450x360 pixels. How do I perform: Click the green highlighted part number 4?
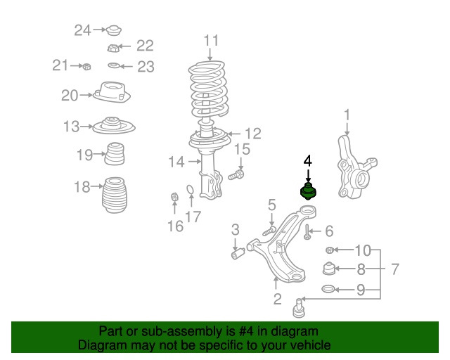pos(308,191)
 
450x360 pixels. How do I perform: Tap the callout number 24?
pos(83,30)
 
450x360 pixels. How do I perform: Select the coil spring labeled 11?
pos(209,88)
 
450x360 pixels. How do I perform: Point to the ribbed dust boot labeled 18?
pos(115,195)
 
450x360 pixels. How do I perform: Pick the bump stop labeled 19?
pos(115,153)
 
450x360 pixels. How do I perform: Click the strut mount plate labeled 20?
pos(112,92)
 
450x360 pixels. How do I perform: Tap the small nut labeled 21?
pos(86,67)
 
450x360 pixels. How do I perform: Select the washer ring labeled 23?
pos(114,65)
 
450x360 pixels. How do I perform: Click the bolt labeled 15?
pos(236,174)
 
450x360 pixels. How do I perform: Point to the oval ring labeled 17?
pos(191,189)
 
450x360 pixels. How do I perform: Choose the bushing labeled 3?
pos(238,254)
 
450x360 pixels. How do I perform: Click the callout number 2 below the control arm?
pos(277,299)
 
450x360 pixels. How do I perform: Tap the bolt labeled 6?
pos(307,232)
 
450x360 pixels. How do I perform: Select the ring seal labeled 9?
pos(328,289)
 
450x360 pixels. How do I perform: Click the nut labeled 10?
pos(330,250)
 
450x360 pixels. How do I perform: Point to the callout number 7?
pos(395,269)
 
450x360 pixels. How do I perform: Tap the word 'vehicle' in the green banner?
pos(311,345)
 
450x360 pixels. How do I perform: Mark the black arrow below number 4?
pos(308,175)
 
